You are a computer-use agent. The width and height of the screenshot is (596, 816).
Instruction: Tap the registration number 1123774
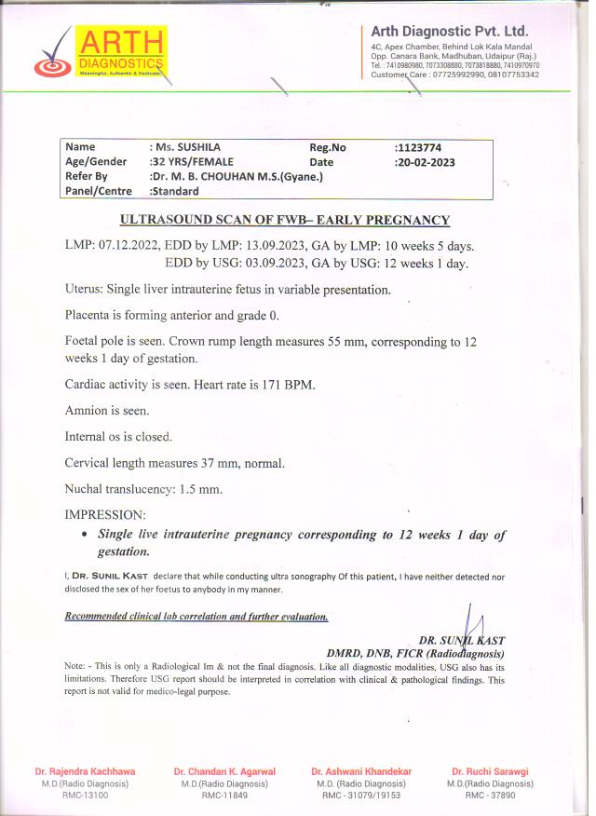click(419, 147)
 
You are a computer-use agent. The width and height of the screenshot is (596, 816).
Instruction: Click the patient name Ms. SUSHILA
click(186, 147)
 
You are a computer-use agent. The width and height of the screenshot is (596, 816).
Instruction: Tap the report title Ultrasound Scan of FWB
click(285, 220)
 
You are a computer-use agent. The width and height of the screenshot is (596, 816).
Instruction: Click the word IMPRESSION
click(105, 514)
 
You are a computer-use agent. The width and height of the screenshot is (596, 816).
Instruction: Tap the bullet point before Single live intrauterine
click(85, 536)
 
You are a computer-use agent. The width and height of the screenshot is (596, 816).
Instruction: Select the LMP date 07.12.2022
click(128, 246)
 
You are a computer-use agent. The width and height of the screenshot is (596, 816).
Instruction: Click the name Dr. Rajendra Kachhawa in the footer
click(85, 771)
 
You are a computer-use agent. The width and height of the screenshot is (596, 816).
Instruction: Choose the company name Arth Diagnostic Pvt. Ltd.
click(449, 32)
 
